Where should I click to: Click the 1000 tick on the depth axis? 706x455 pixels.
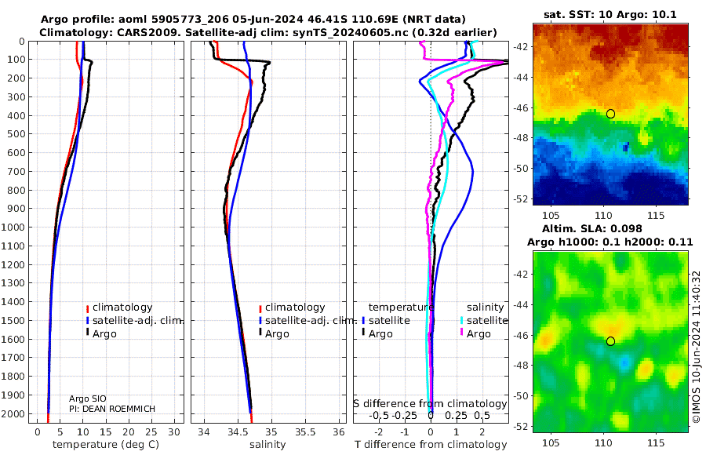[x=16, y=227]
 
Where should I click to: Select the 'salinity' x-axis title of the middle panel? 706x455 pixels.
[x=267, y=445]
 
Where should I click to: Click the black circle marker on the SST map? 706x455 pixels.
[x=610, y=114]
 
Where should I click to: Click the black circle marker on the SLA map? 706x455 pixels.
[x=610, y=340]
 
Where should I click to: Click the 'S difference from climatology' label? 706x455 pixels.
[x=430, y=403]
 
